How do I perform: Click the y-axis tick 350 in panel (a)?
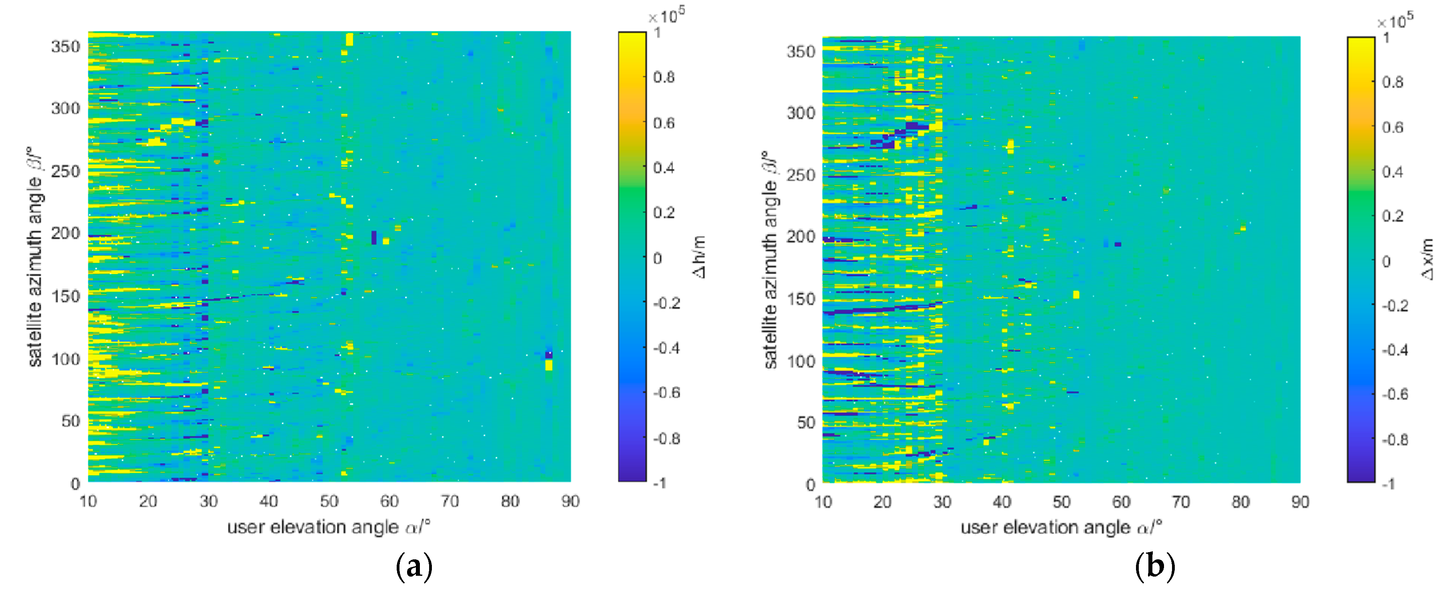click(x=66, y=46)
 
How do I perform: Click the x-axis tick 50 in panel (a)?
click(x=329, y=501)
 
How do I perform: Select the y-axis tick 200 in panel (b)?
click(x=801, y=237)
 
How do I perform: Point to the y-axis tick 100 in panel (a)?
click(x=66, y=359)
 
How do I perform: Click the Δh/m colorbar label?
click(x=699, y=257)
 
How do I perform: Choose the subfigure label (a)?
click(x=414, y=567)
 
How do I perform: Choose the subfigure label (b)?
click(x=1155, y=567)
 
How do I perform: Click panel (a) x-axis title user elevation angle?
click(x=329, y=527)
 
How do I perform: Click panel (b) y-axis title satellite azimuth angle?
click(x=771, y=258)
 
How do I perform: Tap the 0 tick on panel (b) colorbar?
click(x=1386, y=261)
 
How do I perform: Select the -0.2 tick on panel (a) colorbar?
click(x=666, y=303)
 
